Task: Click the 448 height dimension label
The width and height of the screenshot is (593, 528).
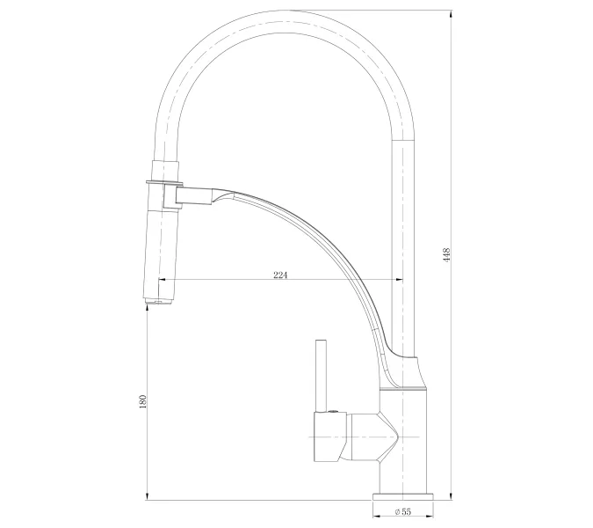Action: (447, 254)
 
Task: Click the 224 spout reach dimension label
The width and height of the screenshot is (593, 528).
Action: (280, 275)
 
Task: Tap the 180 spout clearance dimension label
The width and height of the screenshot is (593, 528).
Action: (142, 402)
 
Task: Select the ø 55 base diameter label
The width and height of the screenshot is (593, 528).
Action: (402, 511)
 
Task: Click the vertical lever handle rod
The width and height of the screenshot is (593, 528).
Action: (321, 376)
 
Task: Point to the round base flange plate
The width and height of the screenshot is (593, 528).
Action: (403, 496)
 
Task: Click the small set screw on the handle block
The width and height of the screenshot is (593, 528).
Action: (333, 411)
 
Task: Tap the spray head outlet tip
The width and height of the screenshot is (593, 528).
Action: (159, 302)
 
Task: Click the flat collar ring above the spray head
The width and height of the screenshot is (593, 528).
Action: (164, 184)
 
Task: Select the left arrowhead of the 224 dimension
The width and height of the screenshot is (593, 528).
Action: (162, 280)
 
